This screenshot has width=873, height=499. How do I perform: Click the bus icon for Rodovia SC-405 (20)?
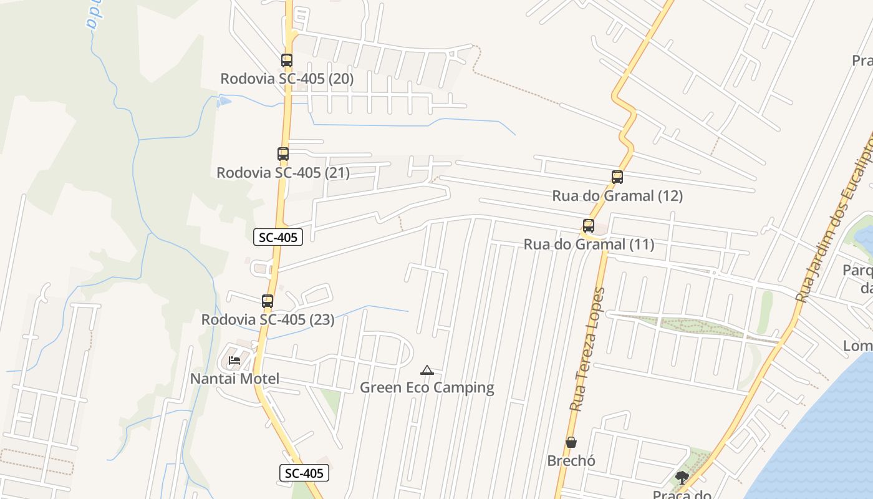[x=287, y=61]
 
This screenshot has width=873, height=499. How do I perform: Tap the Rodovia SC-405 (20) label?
[x=287, y=79]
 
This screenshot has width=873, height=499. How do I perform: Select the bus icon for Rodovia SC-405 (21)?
[x=283, y=154]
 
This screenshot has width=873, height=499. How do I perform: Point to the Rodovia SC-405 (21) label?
[x=283, y=173]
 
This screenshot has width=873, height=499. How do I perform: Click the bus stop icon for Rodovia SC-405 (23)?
[x=268, y=301]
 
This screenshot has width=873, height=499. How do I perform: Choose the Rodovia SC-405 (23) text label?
[x=268, y=320]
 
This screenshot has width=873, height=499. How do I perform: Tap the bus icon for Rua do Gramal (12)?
[x=617, y=177]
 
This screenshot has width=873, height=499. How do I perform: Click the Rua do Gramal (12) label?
[x=617, y=196]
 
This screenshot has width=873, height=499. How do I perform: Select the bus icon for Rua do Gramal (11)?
[x=589, y=226]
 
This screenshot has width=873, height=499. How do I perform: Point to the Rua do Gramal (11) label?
[x=589, y=245]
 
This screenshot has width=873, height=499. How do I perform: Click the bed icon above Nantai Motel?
[x=234, y=361]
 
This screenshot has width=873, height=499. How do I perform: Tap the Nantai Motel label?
[x=234, y=379]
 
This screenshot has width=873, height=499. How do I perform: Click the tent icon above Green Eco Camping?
[x=427, y=370]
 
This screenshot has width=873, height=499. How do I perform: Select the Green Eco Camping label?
[x=427, y=388]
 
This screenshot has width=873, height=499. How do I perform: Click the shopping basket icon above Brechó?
[x=571, y=442]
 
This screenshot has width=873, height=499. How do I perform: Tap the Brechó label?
[x=571, y=461]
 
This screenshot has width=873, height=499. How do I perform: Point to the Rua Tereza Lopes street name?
[x=588, y=349]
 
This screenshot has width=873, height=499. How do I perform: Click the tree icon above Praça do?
[x=682, y=478]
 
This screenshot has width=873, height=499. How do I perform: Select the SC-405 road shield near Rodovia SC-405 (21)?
[x=278, y=237]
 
